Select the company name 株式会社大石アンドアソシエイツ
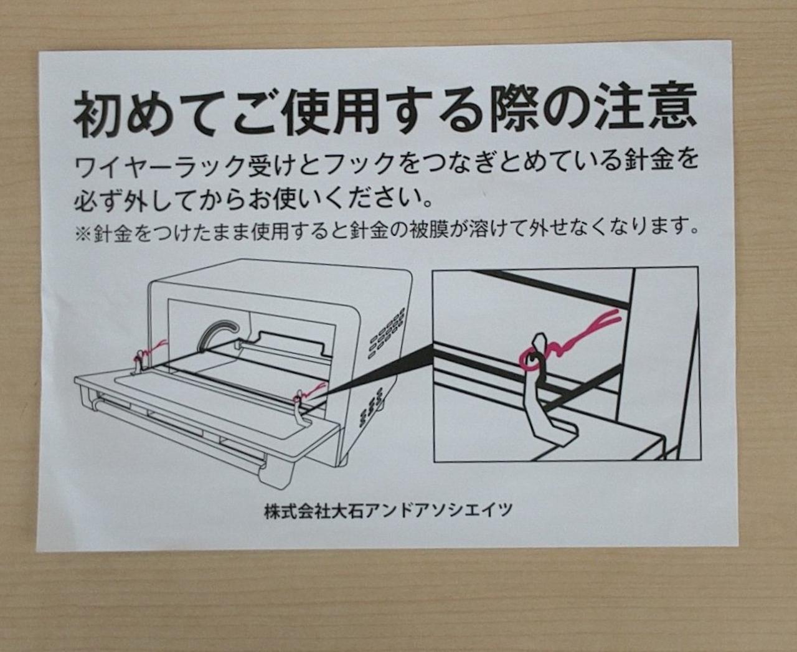pyautogui.click(x=389, y=510)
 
